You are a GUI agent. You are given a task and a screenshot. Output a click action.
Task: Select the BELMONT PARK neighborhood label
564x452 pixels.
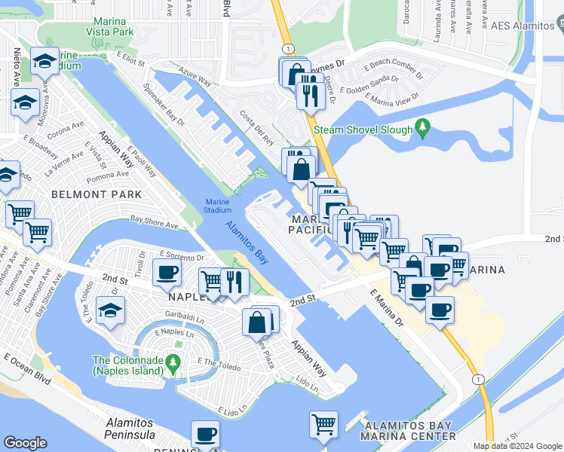point(96,194)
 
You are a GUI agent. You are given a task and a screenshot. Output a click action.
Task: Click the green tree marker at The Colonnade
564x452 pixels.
point(174,364)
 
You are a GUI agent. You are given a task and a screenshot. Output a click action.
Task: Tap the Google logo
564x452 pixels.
point(26,443)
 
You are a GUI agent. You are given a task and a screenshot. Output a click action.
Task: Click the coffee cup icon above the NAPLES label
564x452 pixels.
point(166,273)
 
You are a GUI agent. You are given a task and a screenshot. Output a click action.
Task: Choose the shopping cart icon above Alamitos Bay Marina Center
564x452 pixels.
point(324,424)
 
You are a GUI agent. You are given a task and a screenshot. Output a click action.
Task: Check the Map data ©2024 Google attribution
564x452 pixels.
point(517,446)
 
